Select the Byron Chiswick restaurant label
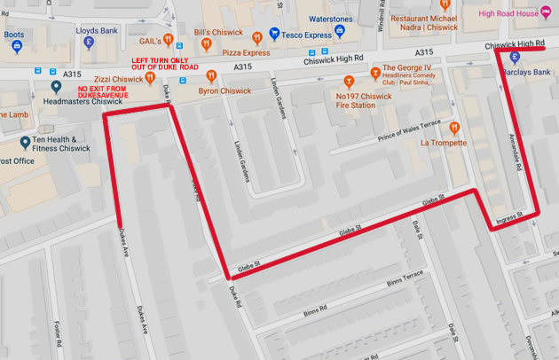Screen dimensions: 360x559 point(227,90)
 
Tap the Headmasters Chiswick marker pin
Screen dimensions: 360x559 point(57,86)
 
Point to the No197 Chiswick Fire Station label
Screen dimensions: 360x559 point(366,102)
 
